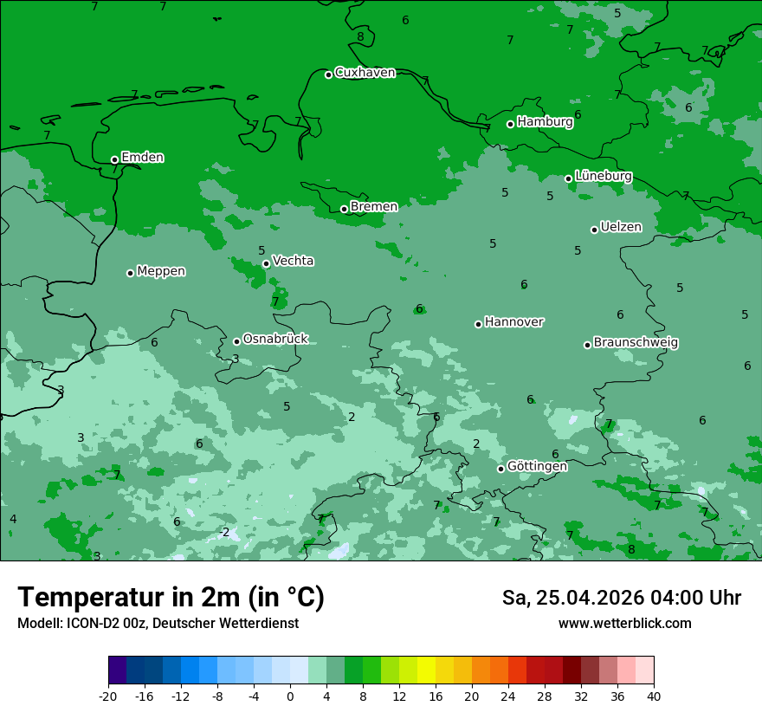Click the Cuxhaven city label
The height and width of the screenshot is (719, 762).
[365, 73]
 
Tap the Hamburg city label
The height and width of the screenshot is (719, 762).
[545, 122]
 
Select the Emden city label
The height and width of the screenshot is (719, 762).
[142, 158]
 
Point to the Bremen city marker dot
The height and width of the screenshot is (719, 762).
[344, 209]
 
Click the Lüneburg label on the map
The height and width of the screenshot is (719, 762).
[603, 176]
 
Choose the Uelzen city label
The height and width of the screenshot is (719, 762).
[621, 227]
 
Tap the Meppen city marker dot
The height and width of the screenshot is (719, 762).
[130, 273]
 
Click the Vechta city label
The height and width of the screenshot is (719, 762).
[293, 261]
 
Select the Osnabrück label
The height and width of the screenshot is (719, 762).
[275, 339]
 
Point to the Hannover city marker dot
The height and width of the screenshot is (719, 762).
[478, 324]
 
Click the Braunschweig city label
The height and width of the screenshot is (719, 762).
[636, 342]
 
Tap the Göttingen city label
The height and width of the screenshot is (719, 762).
[537, 466]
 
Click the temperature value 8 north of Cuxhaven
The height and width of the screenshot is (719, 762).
[360, 36]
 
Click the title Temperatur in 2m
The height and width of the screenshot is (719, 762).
[171, 597]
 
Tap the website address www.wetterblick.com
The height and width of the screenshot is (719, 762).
[624, 623]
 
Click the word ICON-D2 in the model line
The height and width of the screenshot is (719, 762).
[87, 623]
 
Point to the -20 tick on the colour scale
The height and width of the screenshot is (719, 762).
[108, 696]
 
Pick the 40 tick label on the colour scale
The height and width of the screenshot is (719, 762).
[654, 696]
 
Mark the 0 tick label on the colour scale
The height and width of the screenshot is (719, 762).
[290, 696]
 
